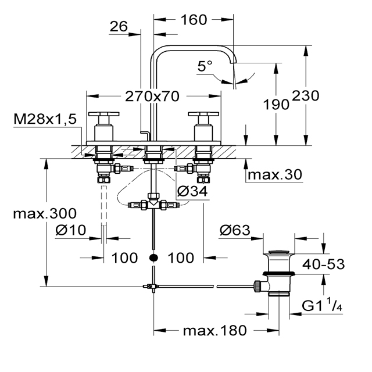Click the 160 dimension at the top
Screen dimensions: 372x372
click(x=194, y=20)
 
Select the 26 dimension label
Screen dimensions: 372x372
click(x=119, y=26)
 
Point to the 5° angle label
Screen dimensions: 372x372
click(x=205, y=66)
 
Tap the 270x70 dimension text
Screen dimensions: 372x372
click(x=152, y=96)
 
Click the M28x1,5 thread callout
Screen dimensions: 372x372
click(x=45, y=119)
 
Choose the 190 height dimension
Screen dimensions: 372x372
click(x=277, y=105)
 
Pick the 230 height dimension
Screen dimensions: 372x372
click(x=306, y=96)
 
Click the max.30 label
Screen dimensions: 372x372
click(x=275, y=174)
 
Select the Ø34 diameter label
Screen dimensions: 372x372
click(x=192, y=191)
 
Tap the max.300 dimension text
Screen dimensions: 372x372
click(x=45, y=213)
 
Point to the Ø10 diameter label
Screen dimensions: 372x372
click(x=71, y=230)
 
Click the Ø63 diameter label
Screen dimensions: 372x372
click(x=235, y=230)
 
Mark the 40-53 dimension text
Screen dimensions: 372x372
click(x=323, y=264)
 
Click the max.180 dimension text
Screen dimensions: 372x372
click(x=215, y=331)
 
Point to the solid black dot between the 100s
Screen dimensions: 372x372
click(x=153, y=257)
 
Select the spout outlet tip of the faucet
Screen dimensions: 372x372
click(x=233, y=62)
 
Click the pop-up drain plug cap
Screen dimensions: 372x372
click(x=279, y=252)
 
